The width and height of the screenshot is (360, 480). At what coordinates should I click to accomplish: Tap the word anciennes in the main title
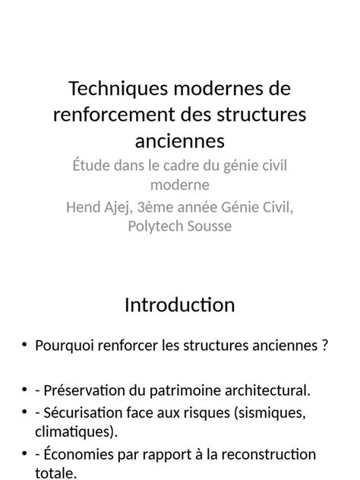[x=180, y=141]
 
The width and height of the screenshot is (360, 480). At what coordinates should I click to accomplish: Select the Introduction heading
[x=179, y=305]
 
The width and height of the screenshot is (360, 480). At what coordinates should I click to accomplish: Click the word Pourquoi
[x=62, y=346]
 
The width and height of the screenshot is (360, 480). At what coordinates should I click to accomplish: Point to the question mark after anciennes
[x=324, y=346]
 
